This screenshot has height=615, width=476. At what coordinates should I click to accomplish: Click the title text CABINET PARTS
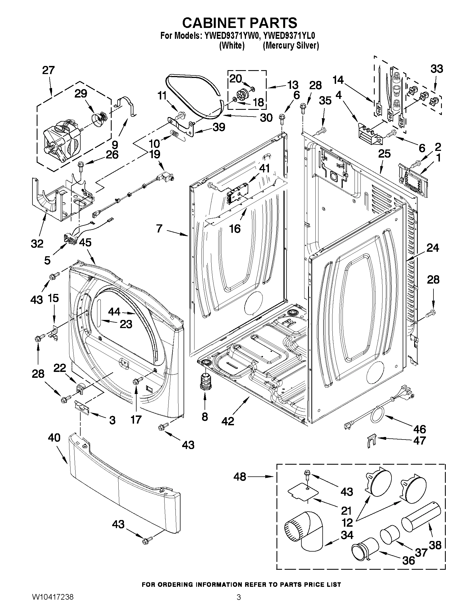[240, 23]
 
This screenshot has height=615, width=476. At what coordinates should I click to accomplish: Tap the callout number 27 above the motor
[48, 70]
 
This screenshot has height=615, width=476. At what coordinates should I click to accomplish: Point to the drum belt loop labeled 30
[194, 96]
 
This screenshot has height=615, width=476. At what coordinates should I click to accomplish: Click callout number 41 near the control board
[264, 168]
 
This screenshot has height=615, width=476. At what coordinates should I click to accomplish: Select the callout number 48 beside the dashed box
[240, 477]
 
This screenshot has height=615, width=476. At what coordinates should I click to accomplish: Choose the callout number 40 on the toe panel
[54, 438]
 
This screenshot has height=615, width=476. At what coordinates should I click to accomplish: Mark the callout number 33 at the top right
[437, 69]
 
